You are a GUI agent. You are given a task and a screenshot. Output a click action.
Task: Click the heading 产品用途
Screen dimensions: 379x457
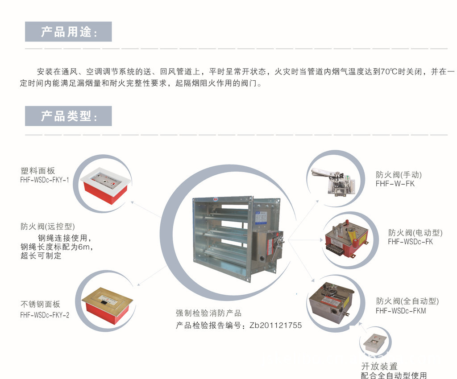(68, 32)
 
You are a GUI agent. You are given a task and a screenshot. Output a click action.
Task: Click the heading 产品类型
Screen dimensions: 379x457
(68, 116)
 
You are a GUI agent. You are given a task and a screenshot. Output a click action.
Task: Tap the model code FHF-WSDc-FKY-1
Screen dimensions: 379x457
(45, 180)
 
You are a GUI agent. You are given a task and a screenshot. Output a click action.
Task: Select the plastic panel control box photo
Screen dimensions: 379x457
(106, 185)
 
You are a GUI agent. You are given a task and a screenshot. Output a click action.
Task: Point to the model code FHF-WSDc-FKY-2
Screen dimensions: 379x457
(45, 315)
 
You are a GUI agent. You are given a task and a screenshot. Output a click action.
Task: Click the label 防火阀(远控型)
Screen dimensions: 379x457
(45, 226)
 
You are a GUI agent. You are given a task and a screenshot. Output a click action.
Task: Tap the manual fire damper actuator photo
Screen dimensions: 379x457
(333, 181)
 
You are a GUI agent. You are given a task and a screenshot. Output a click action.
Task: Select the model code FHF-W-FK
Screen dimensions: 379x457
(395, 184)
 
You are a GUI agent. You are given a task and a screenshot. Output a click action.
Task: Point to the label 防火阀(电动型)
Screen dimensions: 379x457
(415, 232)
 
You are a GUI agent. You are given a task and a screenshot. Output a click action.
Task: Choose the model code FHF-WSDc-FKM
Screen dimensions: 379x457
(401, 311)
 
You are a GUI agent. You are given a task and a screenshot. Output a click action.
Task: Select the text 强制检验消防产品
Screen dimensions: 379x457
(208, 313)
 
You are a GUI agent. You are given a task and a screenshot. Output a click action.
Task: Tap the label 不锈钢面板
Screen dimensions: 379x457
(40, 305)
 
